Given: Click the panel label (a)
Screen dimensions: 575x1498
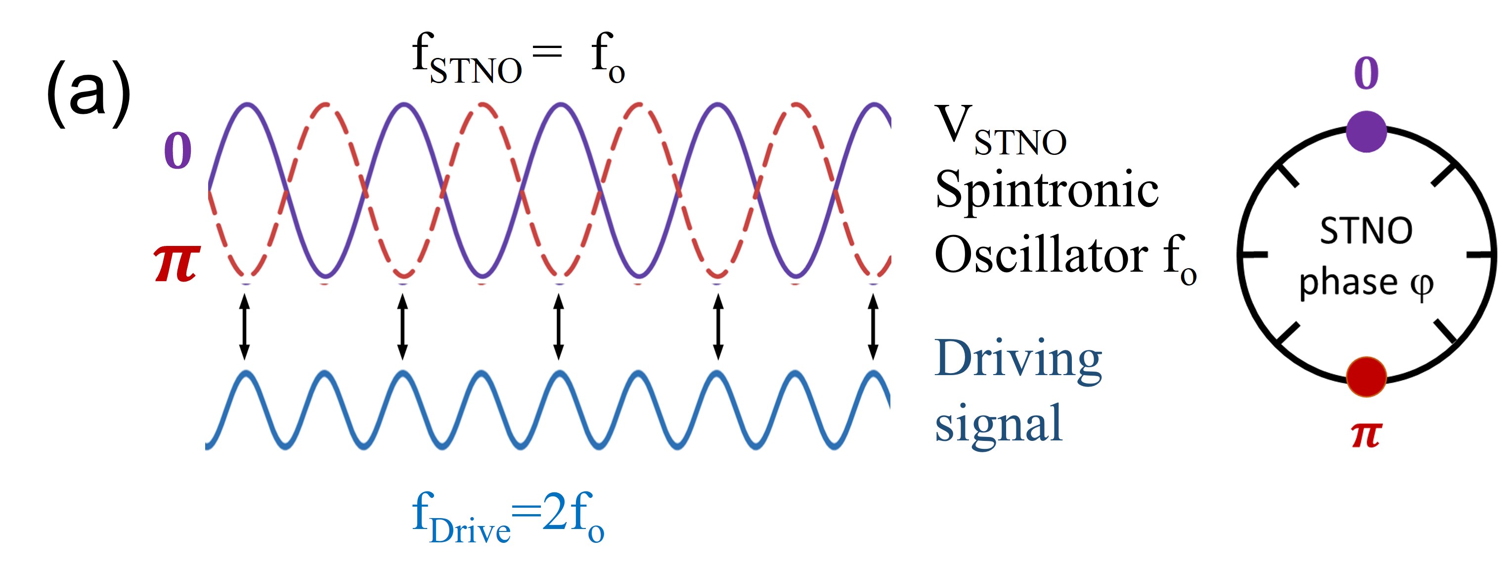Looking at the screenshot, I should click(88, 93).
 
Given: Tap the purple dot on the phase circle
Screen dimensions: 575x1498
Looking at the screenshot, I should click(1366, 132).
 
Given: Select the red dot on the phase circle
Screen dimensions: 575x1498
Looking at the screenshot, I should click(1366, 377).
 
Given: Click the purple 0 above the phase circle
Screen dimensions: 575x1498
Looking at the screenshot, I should click(1366, 73).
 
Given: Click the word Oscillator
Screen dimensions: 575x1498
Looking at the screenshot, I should click(1041, 255).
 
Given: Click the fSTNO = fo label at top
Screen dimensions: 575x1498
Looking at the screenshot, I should click(518, 58).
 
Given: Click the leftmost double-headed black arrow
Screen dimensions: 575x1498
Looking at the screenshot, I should click(244, 327).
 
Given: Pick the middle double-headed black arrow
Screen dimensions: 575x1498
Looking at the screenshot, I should click(558, 327).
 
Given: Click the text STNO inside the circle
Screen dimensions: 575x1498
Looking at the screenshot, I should click(1366, 231).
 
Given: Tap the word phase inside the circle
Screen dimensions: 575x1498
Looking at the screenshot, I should click(1348, 284).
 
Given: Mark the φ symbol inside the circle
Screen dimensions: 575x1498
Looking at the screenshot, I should click(1421, 285).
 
